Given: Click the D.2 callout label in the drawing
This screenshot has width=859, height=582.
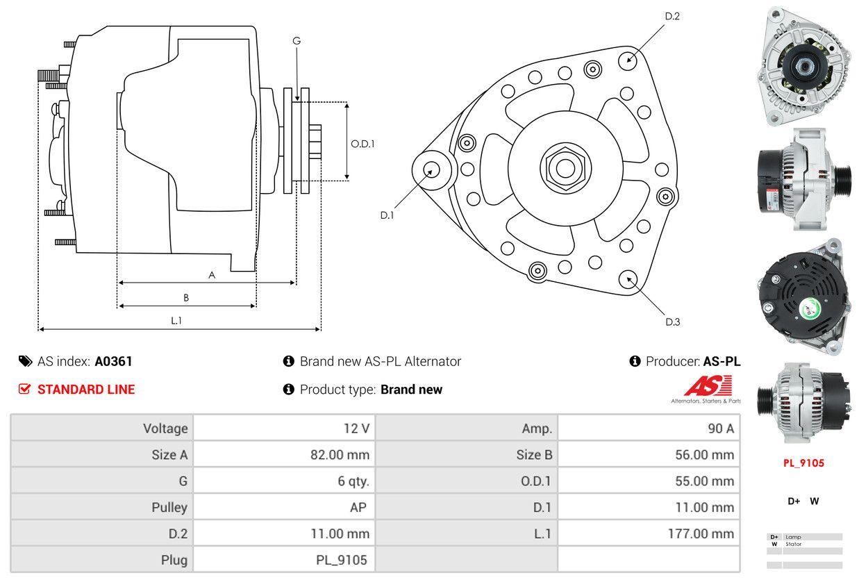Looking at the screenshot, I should (x=672, y=16).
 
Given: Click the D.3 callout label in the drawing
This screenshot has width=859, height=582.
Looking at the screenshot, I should (x=672, y=322).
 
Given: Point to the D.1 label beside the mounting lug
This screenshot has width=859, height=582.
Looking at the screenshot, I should (x=387, y=215).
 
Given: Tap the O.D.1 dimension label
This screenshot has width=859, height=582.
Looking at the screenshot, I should (x=362, y=144).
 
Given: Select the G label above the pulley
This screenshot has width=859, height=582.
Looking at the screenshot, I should (x=297, y=41).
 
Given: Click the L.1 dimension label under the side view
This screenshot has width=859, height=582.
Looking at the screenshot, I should (x=176, y=320).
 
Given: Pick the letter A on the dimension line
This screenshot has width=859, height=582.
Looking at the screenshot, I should (x=212, y=275).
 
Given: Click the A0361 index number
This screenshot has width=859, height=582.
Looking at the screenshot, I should (x=113, y=361).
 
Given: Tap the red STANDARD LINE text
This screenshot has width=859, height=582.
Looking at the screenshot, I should (x=86, y=390).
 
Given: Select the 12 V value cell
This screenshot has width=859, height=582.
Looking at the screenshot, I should (x=356, y=428).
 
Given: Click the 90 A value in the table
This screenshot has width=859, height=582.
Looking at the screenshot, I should (x=720, y=428).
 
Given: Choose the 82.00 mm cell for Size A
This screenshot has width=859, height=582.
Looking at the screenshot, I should (x=340, y=455).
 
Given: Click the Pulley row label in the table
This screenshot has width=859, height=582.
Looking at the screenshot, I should (x=169, y=507).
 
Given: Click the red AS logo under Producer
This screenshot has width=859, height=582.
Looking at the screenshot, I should (x=708, y=385).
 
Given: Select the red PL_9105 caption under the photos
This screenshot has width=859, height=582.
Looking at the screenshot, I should (x=803, y=463).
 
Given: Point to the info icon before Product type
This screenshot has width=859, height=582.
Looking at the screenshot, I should (x=289, y=390).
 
